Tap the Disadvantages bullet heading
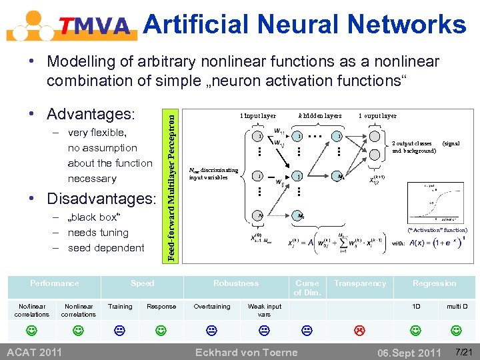(x=100, y=199)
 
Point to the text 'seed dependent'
(x=106, y=248)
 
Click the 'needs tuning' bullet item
(x=98, y=233)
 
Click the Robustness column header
(x=235, y=283)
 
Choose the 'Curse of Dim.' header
(x=307, y=287)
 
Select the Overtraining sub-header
(x=211, y=307)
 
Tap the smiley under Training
(x=120, y=329)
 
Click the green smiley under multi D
(x=457, y=329)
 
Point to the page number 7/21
(x=462, y=351)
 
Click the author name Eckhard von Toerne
(x=245, y=352)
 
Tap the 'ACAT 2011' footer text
(x=34, y=352)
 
